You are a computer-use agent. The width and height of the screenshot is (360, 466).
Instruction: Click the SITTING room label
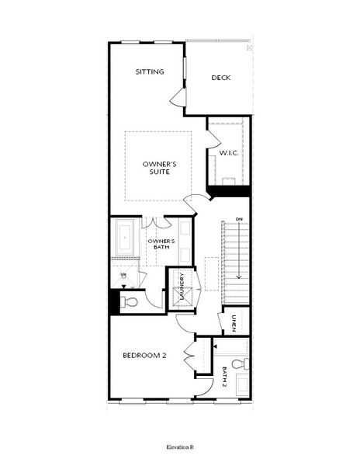[150, 71]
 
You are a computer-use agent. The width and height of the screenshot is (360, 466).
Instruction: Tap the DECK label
[221, 77]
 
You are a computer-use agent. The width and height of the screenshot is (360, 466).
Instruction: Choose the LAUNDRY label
[180, 287]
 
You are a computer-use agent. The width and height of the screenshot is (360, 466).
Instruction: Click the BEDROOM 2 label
[144, 356]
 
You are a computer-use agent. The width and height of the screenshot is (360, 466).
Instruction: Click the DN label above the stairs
[238, 219]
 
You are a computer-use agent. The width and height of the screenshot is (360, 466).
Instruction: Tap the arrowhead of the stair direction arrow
[240, 276]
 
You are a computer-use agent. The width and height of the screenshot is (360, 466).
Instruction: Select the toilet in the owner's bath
[130, 301]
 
